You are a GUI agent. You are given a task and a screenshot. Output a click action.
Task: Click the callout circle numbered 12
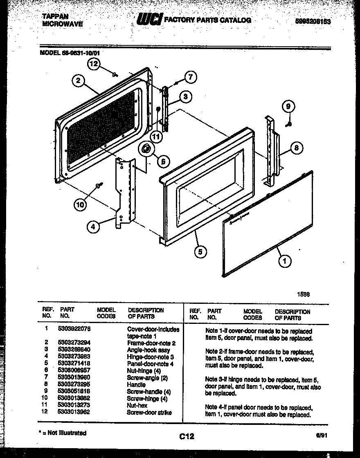click(x=94, y=64)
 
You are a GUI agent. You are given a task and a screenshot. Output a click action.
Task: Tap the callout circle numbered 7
click(x=190, y=77)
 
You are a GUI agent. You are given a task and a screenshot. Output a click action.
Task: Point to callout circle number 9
click(x=288, y=106)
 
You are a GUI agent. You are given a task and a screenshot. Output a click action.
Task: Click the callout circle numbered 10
click(x=81, y=204)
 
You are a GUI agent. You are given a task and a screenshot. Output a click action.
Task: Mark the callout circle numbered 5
click(x=200, y=251)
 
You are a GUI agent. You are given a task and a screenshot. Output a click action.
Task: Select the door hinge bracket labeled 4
click(x=125, y=190)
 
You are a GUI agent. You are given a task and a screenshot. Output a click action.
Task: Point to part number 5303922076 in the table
click(x=74, y=328)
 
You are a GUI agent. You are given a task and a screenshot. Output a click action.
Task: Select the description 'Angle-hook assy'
click(x=148, y=350)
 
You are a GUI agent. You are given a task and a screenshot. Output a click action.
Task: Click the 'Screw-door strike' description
click(x=149, y=412)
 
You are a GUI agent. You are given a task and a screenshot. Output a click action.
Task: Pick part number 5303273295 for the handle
click(x=74, y=384)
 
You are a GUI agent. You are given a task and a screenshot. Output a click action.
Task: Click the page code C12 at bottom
click(x=186, y=436)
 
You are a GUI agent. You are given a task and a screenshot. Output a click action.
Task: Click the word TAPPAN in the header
click(x=56, y=17)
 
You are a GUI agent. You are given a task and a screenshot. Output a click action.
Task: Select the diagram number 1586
click(x=303, y=293)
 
